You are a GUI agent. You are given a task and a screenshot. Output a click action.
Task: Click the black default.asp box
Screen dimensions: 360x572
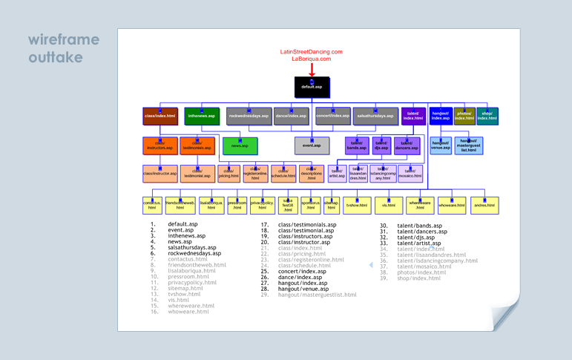pos(312,87)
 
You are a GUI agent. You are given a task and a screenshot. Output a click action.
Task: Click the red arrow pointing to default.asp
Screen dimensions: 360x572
pos(312,69)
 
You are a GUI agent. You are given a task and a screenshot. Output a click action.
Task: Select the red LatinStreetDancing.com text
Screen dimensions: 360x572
pos(312,52)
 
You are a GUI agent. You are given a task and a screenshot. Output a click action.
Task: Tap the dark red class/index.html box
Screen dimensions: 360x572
pos(160,117)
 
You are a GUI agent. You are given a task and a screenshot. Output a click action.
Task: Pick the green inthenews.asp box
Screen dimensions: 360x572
pos(201,117)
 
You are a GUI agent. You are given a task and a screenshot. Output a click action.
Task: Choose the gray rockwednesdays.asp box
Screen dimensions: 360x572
pos(249,117)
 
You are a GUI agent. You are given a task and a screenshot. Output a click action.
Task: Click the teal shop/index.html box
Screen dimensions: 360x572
pos(487,117)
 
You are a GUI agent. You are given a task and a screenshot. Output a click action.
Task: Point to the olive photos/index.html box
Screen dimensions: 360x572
pos(464,117)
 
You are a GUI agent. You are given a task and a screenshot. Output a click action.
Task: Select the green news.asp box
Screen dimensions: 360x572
pos(240,145)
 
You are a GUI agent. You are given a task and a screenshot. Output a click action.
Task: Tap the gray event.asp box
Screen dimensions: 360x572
pos(312,145)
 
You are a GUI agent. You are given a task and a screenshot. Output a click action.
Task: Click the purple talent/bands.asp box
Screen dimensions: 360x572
pos(357,145)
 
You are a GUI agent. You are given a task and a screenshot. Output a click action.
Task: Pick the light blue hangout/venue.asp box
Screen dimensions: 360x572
pos(441,145)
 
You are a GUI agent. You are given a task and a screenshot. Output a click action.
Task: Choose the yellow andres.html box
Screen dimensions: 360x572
pos(484,205)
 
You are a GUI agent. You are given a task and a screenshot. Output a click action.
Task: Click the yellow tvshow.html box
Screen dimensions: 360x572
pos(356,205)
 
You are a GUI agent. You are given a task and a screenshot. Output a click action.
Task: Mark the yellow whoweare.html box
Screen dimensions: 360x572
pos(451,205)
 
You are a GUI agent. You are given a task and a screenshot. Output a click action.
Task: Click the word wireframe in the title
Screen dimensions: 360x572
pos(63,39)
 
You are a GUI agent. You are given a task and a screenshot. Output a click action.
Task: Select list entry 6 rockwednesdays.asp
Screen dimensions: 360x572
pos(194,253)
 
